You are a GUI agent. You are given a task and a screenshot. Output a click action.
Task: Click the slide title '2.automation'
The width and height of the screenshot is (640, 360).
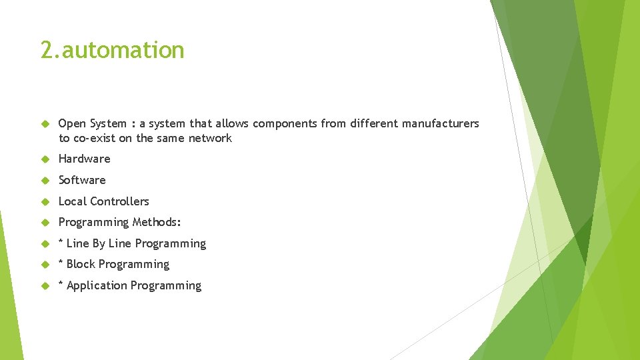[112, 50]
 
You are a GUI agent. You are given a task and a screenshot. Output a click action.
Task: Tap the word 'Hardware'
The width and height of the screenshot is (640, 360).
[84, 159]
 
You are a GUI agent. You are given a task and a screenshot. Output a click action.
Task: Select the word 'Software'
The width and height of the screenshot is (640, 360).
[82, 180]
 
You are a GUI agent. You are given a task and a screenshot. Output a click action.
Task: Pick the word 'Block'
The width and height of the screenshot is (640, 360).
[81, 265]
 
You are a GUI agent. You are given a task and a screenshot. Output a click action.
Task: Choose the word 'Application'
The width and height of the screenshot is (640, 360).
[97, 286]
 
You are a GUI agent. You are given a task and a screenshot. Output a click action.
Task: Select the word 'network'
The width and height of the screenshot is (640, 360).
[210, 138]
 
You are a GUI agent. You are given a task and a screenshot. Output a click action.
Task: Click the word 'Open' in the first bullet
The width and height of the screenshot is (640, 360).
[73, 123]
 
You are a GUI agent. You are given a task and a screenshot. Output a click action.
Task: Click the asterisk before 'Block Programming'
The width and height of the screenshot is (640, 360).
[61, 263]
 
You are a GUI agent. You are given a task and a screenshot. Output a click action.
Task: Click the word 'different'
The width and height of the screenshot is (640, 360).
[373, 123]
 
